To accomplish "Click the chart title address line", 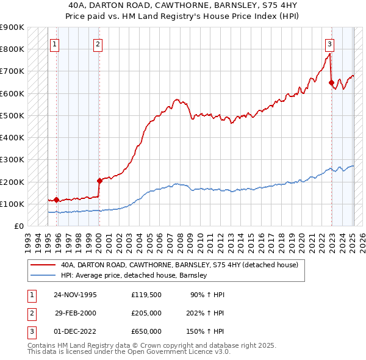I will [x=183, y=5].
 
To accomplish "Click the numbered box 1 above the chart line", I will [x=55, y=43].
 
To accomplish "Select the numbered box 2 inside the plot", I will [x=98, y=43].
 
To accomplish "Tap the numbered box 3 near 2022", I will [x=329, y=43].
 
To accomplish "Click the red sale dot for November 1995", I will [x=57, y=200].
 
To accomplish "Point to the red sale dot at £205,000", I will [x=99, y=181].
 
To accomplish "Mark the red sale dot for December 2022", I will [x=331, y=82].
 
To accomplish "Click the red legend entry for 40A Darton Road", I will [x=179, y=265].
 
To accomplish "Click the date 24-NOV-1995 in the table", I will [x=76, y=295].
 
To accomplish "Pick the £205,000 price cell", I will [x=146, y=313].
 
